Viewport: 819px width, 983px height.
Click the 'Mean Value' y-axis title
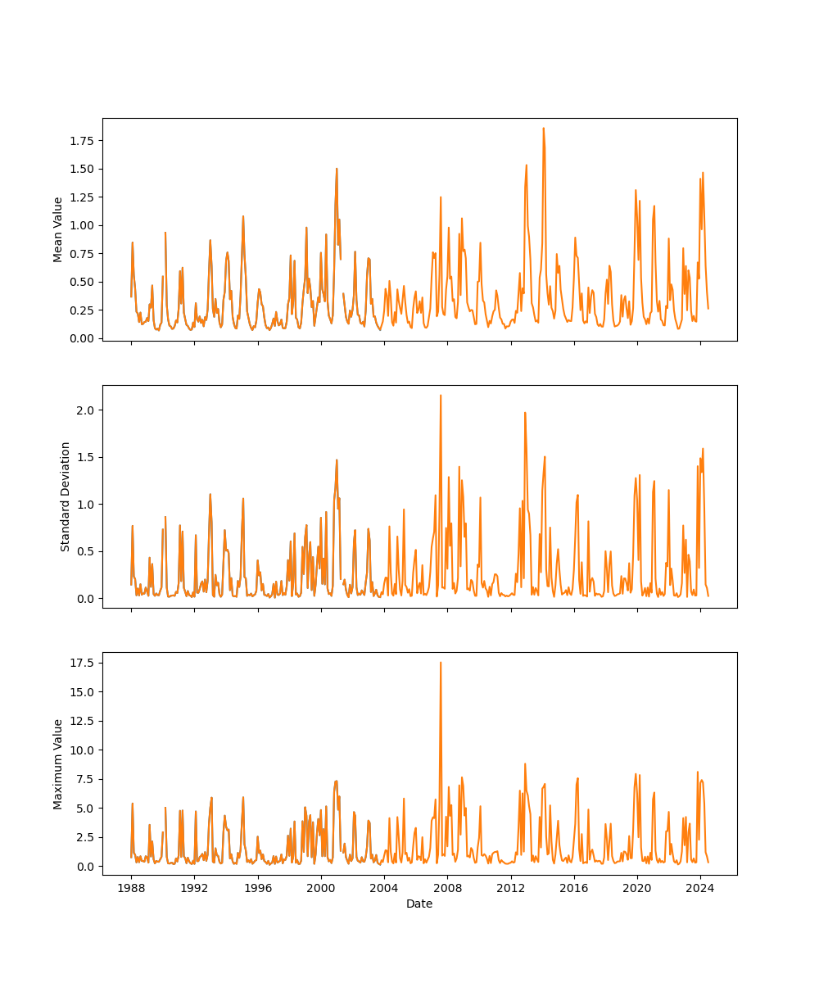58,229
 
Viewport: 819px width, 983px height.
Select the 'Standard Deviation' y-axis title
66,496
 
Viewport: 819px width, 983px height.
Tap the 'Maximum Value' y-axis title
58,763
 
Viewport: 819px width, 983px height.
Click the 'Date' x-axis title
419,904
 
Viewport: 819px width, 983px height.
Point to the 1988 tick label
131,888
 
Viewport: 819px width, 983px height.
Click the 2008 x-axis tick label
447,888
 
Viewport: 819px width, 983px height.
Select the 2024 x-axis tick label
700,888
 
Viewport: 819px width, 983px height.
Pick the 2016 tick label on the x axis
574,888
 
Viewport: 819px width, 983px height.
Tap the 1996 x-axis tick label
258,888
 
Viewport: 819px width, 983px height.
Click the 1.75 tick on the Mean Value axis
81,141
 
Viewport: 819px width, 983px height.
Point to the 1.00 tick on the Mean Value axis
81,225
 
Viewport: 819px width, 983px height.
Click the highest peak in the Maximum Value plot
441,663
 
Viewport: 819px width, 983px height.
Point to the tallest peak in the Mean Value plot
543,128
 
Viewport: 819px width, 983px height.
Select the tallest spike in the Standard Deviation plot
441,396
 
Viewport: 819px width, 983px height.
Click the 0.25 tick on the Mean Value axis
81,310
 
